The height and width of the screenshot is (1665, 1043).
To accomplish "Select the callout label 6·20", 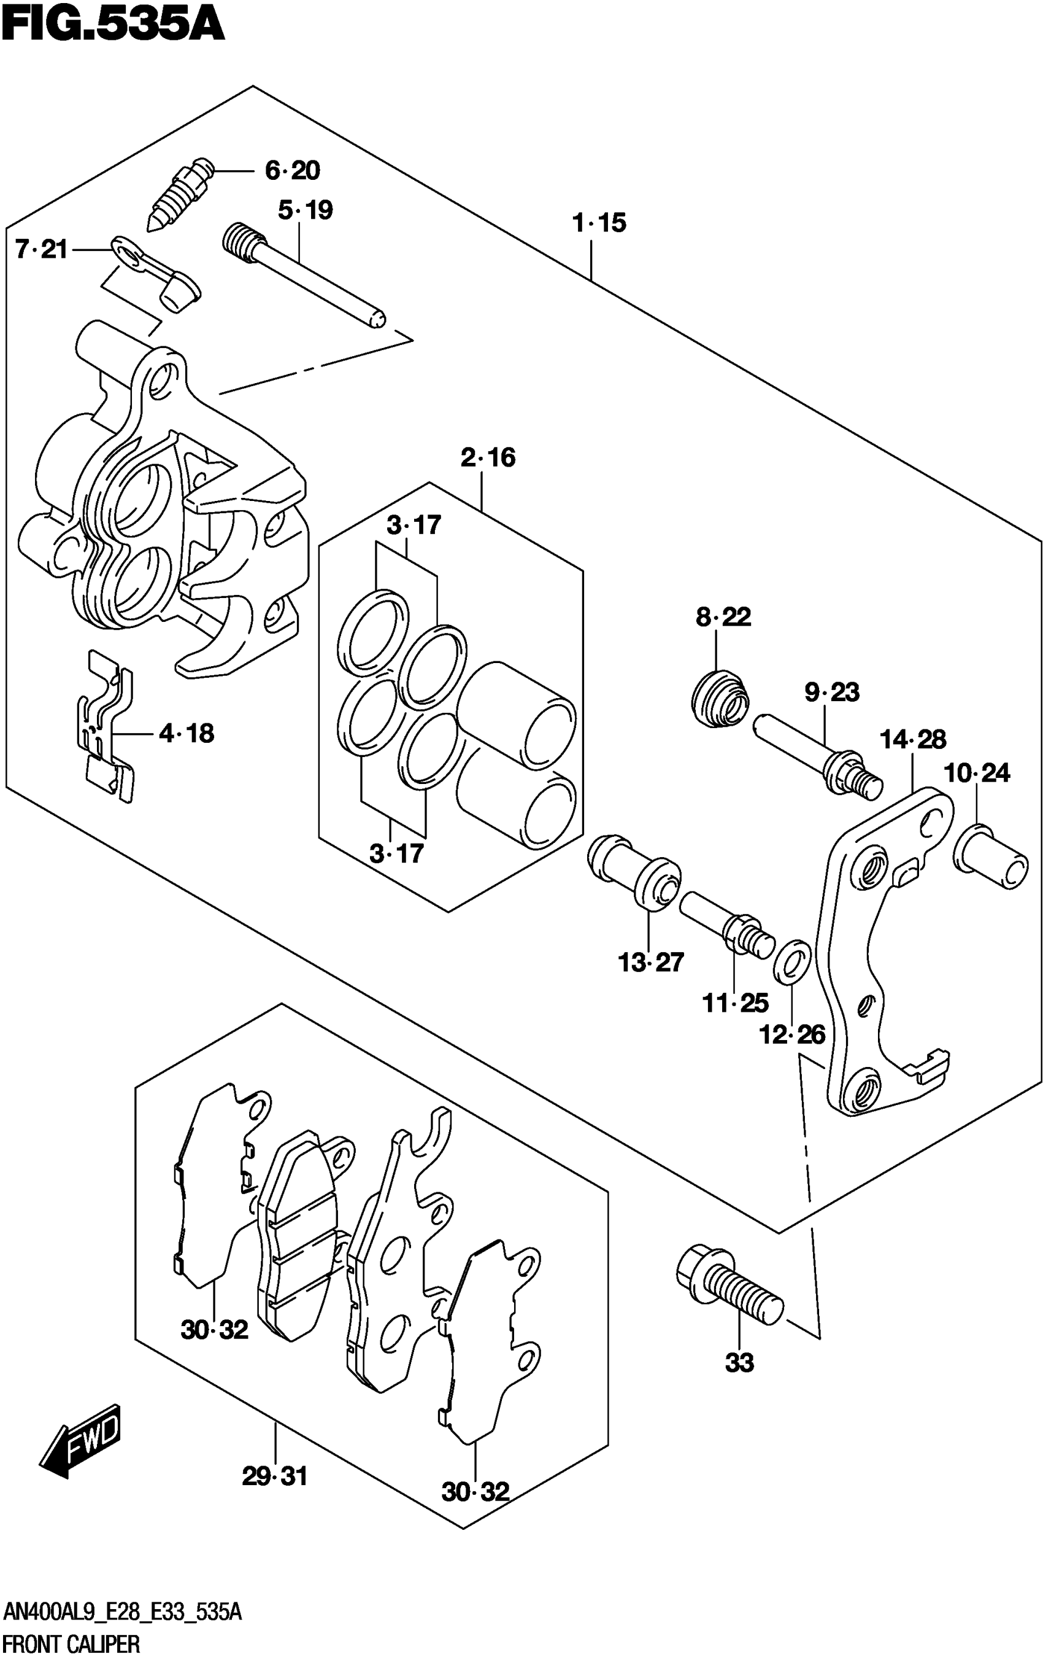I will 293,171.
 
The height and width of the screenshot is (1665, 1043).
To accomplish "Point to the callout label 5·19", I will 305,210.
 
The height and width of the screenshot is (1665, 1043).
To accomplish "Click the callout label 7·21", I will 41,249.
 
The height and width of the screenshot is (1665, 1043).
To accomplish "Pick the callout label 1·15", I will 599,223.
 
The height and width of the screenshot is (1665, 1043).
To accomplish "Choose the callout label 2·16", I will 488,457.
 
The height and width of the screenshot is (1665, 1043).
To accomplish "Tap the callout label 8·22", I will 723,616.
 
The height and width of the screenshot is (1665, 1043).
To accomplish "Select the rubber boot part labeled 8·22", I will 720,699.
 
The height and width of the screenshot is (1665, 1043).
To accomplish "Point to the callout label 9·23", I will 832,692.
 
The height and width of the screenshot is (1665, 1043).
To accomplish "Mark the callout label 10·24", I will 977,772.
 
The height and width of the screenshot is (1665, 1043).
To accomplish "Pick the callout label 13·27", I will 650,962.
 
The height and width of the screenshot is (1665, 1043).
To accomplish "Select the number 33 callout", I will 739,1363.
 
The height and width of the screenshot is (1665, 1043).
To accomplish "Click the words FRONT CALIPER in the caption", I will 71,1645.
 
